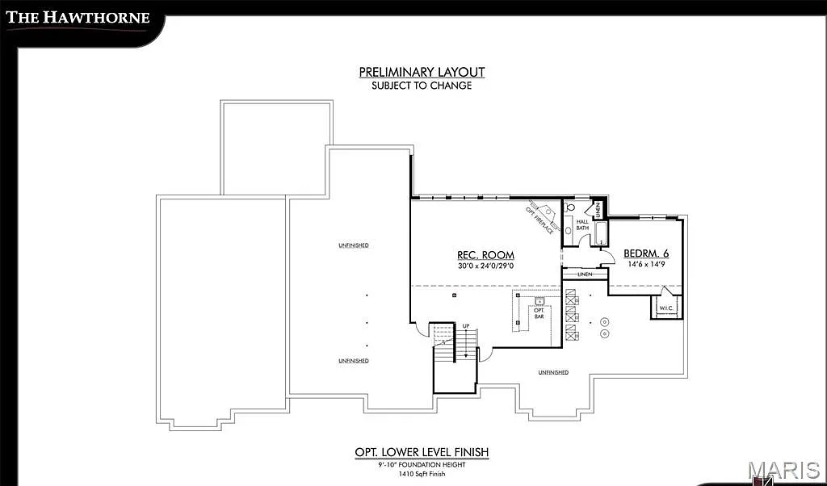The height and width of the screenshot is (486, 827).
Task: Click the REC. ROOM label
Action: [485, 255]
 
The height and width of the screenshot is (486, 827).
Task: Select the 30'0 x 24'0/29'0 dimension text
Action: [485, 266]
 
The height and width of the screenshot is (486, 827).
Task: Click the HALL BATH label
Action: [581, 224]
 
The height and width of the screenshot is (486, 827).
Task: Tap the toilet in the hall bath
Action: [569, 207]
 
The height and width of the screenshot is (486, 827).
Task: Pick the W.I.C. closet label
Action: [665, 308]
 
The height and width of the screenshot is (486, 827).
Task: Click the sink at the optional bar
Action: [539, 301]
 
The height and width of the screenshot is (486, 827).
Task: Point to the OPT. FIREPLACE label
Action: [539, 220]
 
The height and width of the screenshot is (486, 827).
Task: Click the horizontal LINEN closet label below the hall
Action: [585, 274]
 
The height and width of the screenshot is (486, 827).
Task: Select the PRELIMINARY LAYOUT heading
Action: [422, 72]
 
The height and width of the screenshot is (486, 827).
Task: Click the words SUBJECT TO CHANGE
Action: [422, 85]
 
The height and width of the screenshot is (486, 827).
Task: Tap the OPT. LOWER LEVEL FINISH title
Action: [422, 452]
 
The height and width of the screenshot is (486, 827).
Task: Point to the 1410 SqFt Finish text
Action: [422, 475]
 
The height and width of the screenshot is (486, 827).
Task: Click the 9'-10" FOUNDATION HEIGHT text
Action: [422, 465]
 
